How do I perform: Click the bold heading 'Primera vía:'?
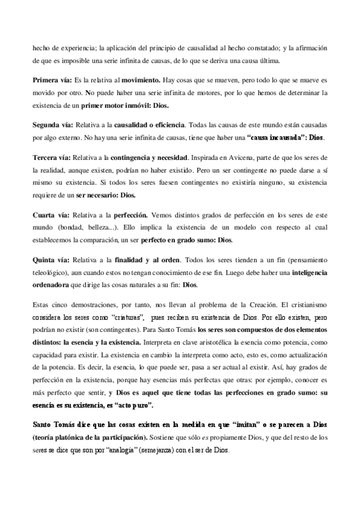[52, 79]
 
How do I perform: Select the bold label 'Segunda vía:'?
[52, 125]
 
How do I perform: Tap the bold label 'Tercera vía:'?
[51, 157]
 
